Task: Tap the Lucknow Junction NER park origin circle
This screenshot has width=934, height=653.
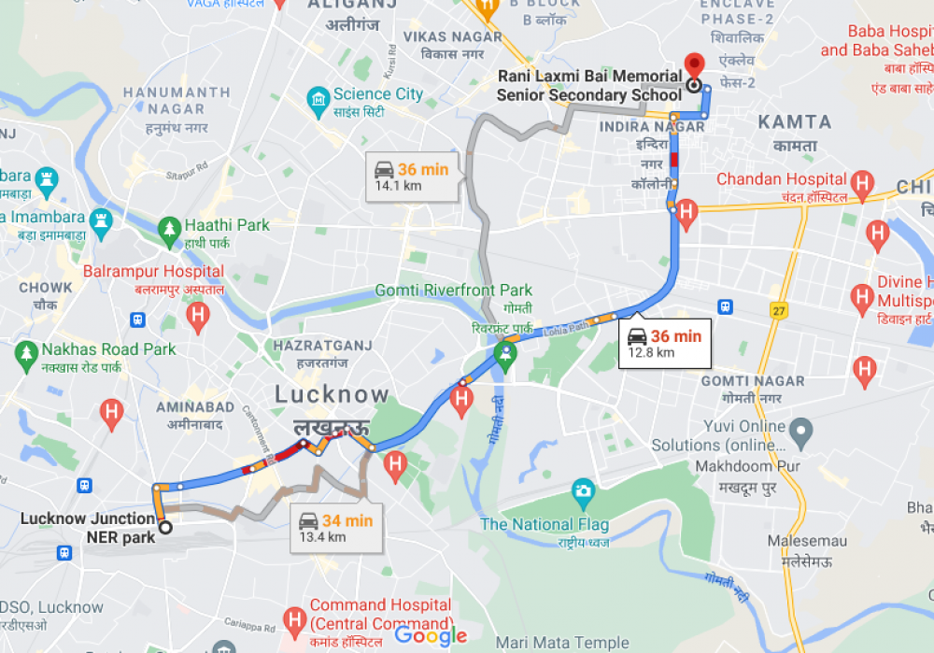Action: pyautogui.click(x=166, y=528)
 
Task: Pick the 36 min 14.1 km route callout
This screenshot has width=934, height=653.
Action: pyautogui.click(x=411, y=177)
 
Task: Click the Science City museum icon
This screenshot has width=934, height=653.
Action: pyautogui.click(x=318, y=96)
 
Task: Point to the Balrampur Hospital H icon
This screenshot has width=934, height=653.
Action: pyautogui.click(x=197, y=315)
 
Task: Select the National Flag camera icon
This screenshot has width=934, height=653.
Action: pyautogui.click(x=583, y=490)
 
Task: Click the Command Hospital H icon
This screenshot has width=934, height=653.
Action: pyautogui.click(x=295, y=618)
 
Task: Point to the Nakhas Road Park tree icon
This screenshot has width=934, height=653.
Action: pyautogui.click(x=26, y=353)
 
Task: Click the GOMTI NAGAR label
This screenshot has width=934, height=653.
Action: pyautogui.click(x=752, y=381)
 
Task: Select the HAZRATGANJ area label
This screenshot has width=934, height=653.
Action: pyautogui.click(x=322, y=346)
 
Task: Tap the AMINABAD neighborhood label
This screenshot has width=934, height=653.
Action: pyautogui.click(x=195, y=407)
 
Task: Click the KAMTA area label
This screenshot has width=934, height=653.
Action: pyautogui.click(x=794, y=122)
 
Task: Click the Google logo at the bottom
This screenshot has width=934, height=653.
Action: pyautogui.click(x=431, y=636)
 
